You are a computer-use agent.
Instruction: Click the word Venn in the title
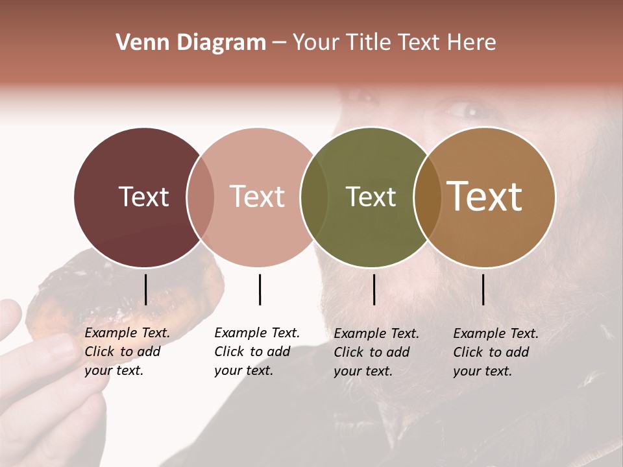tap(139, 43)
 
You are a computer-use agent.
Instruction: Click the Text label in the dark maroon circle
tap(143, 197)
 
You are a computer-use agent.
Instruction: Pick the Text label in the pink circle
tap(257, 197)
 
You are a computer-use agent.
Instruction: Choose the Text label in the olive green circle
tap(371, 197)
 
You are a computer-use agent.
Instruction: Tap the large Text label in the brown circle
tap(485, 197)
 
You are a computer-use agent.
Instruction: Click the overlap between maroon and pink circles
tap(201, 197)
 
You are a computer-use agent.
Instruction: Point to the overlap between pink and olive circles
tap(314, 197)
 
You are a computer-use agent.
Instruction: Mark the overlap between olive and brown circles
tap(428, 197)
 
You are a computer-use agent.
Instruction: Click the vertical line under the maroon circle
tap(145, 289)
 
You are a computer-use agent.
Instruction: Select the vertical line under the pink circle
tap(260, 289)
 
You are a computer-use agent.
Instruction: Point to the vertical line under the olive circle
tap(374, 289)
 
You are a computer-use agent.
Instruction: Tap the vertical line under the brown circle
tap(483, 289)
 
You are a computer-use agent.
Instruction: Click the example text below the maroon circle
tap(127, 352)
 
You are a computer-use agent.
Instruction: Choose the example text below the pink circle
tap(257, 352)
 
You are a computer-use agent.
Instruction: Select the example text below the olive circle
tap(376, 352)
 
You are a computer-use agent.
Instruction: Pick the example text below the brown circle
tap(496, 352)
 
